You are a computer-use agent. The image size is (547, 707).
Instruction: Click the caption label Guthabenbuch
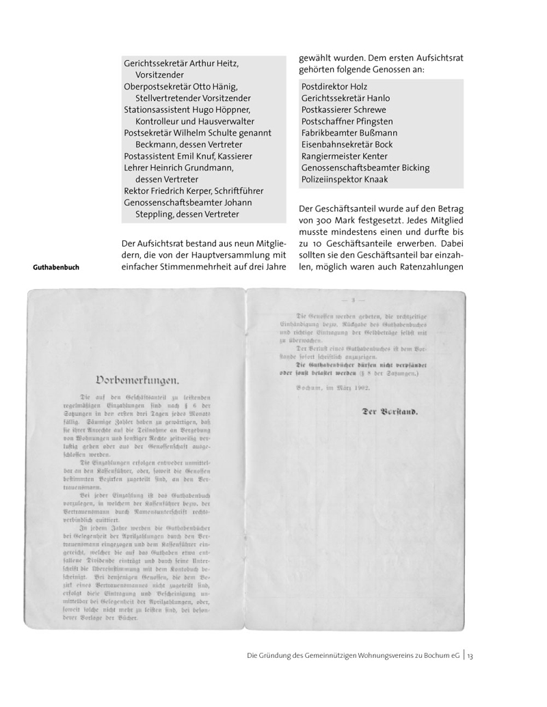56,267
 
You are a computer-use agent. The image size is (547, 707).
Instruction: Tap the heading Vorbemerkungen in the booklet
139,379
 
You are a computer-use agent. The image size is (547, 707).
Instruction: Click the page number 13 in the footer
470,656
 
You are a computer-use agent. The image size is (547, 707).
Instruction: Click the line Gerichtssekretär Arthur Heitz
181,64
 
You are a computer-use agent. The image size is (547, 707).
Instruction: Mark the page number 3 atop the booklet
353,299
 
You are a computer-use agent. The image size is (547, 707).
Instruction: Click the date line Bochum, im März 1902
333,388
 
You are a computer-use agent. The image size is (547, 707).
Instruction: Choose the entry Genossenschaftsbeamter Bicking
365,167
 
